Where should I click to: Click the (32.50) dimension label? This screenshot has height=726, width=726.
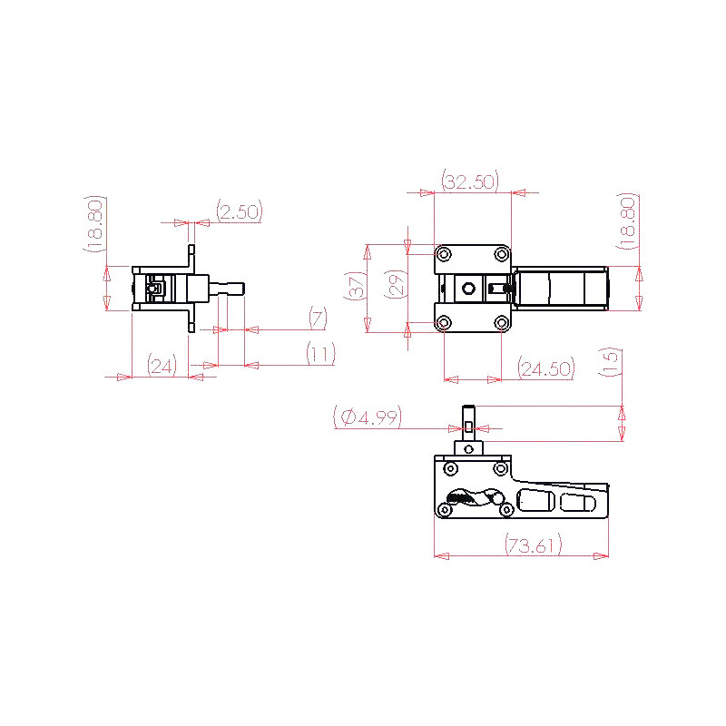coord(470,181)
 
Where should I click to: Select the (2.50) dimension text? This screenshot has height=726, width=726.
coord(240,211)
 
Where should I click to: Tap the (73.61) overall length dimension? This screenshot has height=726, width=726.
coord(533,545)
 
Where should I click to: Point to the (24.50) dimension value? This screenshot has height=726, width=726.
coord(546,368)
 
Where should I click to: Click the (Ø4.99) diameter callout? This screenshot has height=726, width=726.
coord(368,417)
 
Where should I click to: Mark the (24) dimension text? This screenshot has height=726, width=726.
coord(162,366)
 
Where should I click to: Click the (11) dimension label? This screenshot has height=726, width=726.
coord(320,354)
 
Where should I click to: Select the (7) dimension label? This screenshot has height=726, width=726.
coord(318,319)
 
